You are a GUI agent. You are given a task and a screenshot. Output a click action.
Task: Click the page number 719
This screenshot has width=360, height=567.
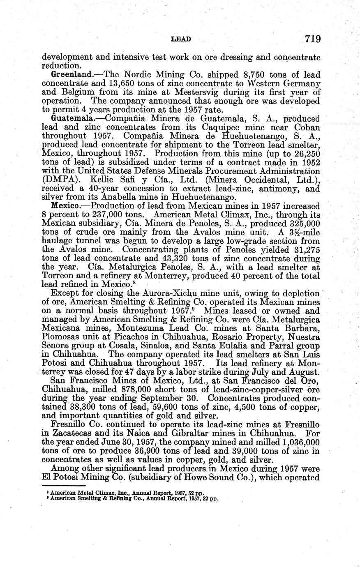coord(312,39)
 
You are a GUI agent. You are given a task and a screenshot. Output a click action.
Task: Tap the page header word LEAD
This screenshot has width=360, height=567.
coord(181,39)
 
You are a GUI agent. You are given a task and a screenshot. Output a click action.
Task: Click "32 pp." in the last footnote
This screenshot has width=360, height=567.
coord(209,499)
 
